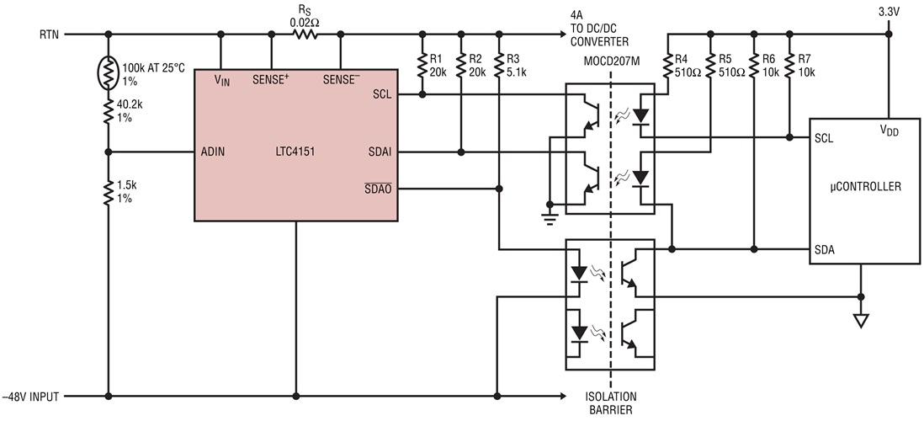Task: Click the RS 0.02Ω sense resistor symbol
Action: [305, 35]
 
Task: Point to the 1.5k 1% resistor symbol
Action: [109, 192]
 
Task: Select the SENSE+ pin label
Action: [272, 80]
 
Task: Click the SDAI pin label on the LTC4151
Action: [381, 152]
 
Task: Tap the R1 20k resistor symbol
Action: [421, 64]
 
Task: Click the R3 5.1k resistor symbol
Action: [500, 64]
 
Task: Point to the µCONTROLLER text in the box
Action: [864, 188]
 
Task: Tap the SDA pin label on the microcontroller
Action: [824, 249]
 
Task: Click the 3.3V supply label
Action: [889, 11]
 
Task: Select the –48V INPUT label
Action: [33, 396]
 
